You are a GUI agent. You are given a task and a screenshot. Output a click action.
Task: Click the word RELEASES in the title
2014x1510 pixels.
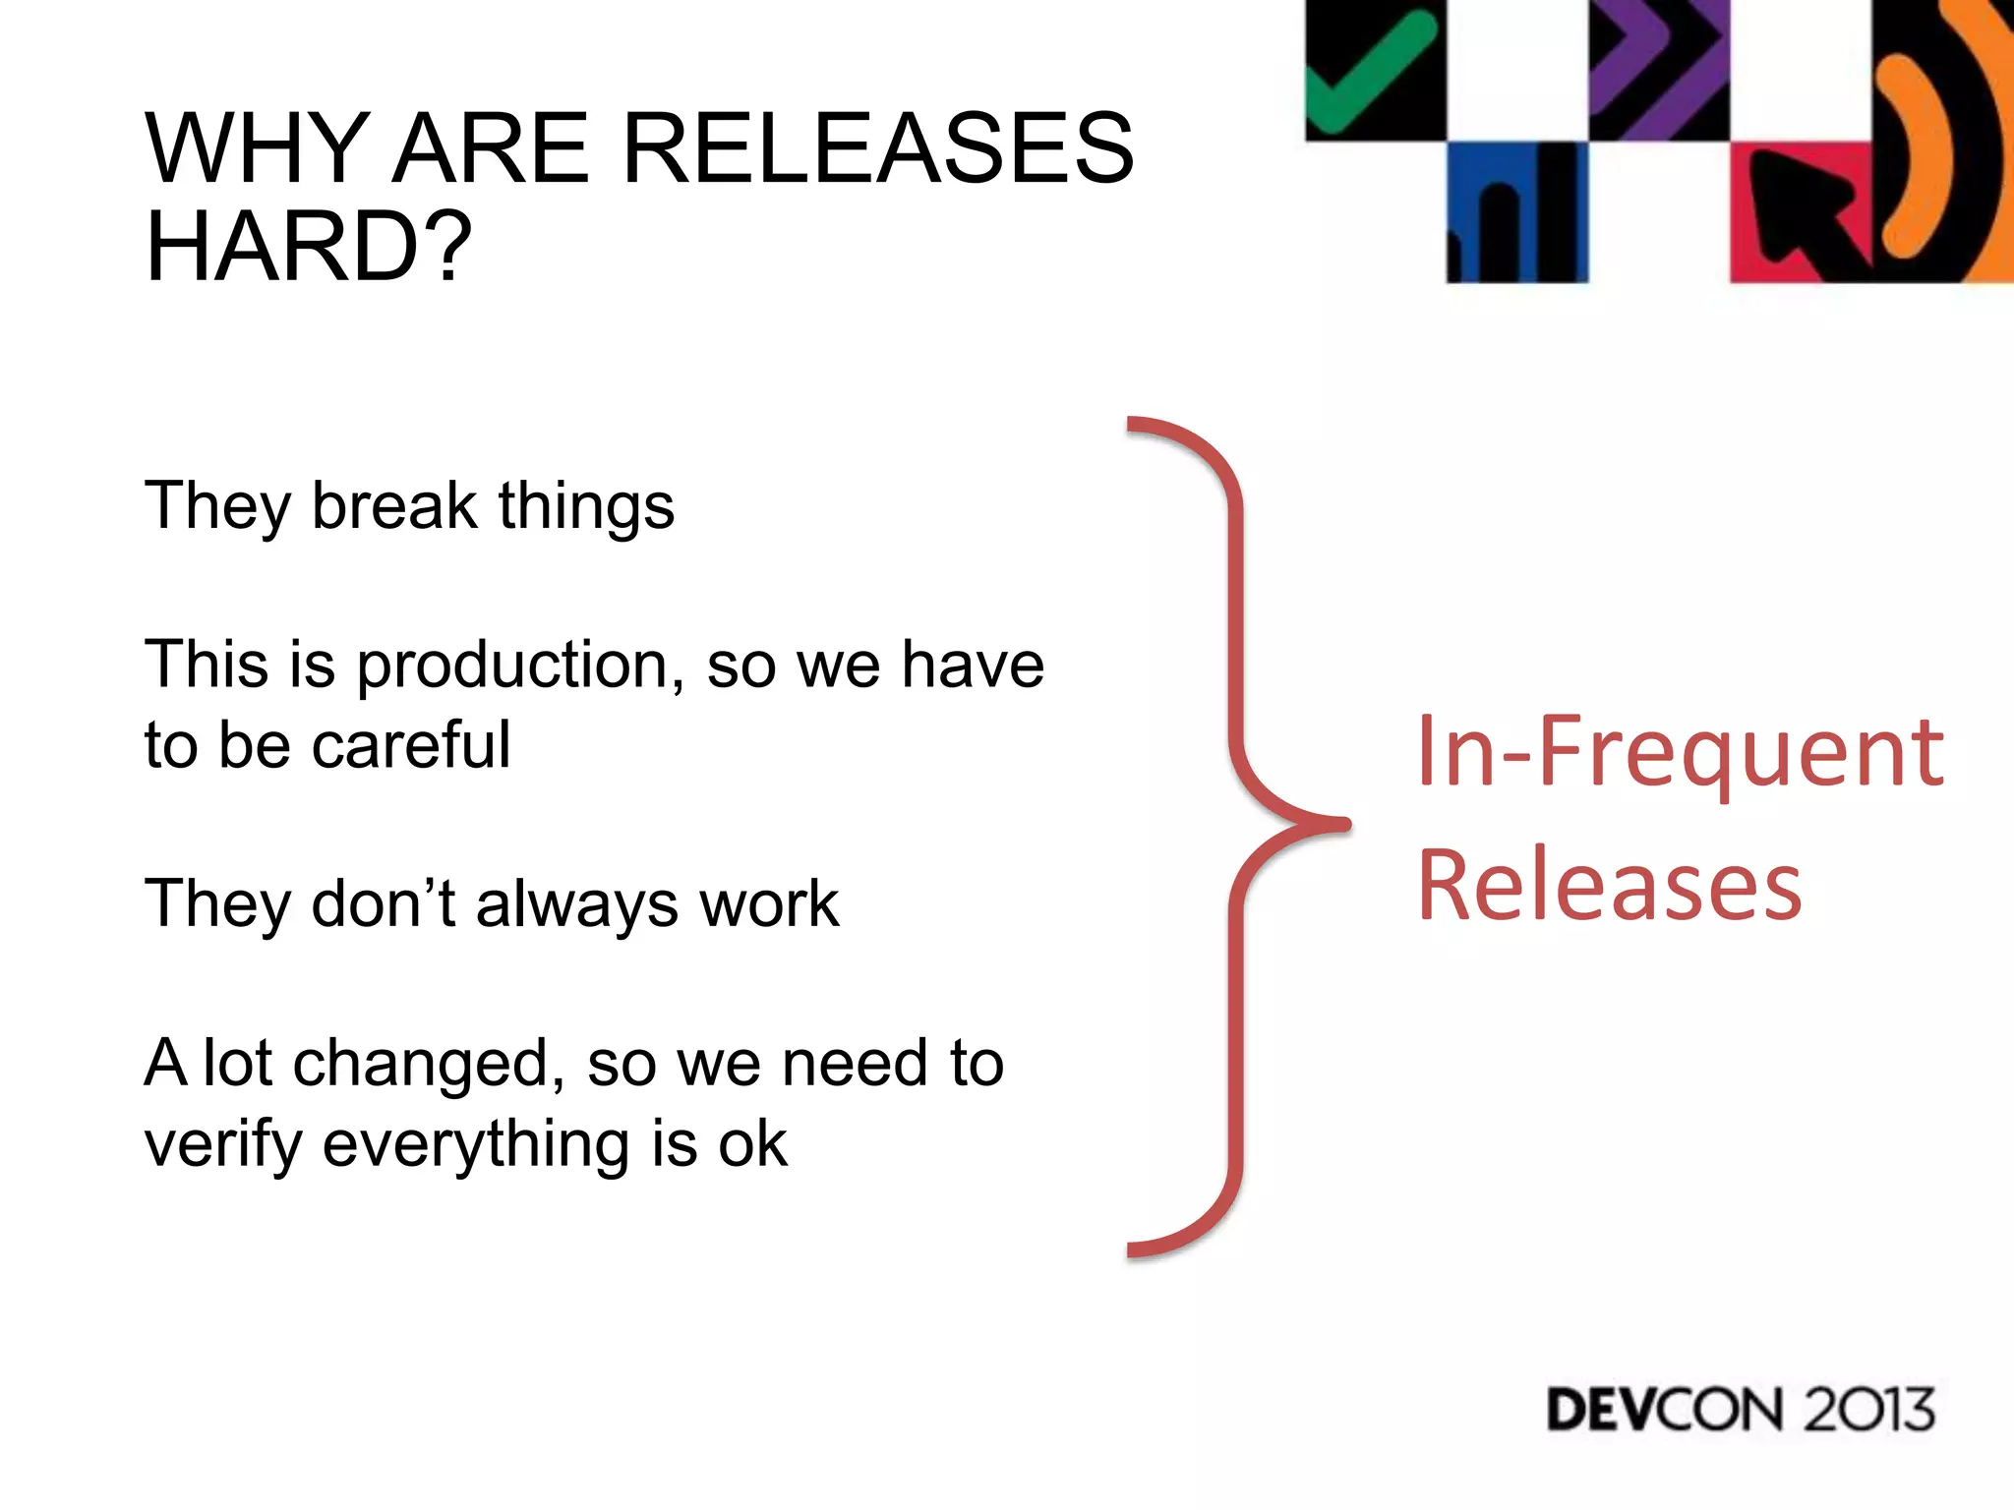[x=878, y=148]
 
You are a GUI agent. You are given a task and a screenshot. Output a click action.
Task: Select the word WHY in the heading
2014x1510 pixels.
[x=258, y=148]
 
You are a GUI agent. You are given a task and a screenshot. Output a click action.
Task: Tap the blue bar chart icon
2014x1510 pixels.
[x=1515, y=214]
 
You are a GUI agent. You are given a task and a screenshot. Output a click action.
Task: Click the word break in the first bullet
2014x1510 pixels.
[x=394, y=505]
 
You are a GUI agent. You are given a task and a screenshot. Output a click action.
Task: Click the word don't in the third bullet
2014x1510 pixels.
[x=383, y=903]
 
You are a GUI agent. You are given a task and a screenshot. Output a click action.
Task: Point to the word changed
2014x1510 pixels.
[x=429, y=1064]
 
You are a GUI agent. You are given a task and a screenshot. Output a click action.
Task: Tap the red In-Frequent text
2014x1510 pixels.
[x=1680, y=752]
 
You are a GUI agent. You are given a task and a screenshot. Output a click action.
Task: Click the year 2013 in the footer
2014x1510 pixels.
[x=1868, y=1410]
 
